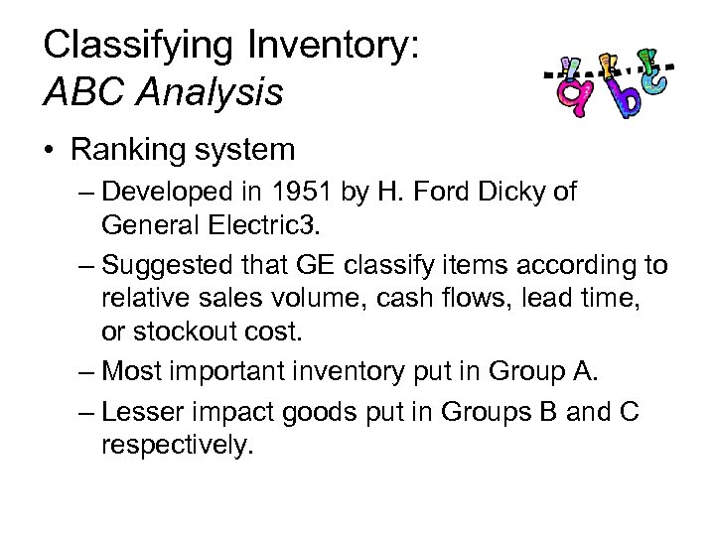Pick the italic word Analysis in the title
pyautogui.click(x=209, y=94)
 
